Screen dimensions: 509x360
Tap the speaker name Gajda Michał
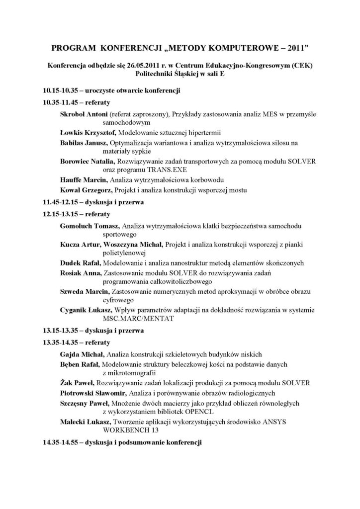82,354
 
